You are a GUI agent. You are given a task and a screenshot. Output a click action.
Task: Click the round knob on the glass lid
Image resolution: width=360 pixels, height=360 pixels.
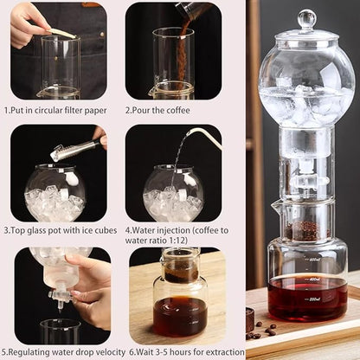coord(306,18)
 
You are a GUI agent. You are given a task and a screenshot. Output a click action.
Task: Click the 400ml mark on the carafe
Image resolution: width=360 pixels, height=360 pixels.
coord(314,279)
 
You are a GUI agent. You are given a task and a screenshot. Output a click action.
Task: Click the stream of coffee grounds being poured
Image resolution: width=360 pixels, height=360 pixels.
coord(183,52)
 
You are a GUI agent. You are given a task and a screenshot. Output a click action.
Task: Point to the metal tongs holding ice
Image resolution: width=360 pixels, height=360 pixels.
coord(73,150)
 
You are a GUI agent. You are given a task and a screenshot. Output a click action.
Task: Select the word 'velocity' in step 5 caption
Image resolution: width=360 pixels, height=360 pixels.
coord(106,353)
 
